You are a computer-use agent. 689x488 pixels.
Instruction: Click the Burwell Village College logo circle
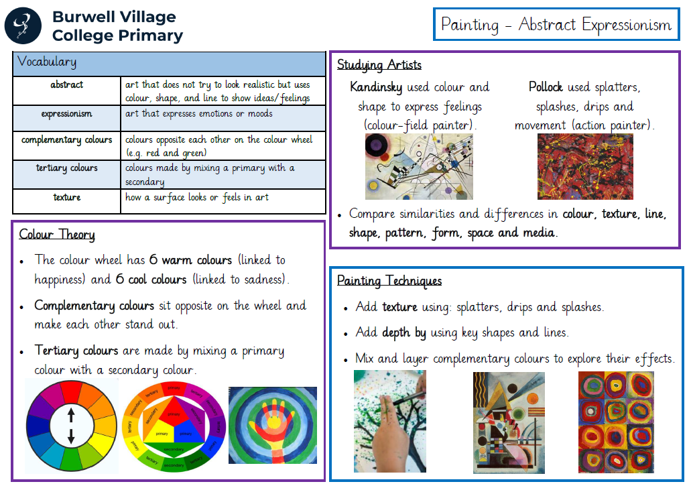[23, 25]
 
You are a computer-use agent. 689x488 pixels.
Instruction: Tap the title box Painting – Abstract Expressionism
[556, 24]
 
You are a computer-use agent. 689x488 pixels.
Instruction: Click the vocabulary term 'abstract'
[67, 84]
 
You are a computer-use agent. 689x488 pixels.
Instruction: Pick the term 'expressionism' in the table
[67, 114]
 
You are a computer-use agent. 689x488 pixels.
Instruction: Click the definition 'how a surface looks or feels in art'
[197, 197]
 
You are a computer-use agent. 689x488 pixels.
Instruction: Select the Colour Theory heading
[57, 235]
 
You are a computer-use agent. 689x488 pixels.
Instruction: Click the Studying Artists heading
[379, 65]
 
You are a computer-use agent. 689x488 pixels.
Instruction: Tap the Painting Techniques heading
[389, 280]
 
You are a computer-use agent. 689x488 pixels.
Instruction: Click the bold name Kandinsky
[376, 87]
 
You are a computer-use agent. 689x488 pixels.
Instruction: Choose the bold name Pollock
[546, 86]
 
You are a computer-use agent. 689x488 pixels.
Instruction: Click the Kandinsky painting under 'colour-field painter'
[419, 167]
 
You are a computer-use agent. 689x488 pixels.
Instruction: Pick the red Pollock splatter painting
[585, 167]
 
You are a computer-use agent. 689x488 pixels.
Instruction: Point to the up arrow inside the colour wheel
[71, 414]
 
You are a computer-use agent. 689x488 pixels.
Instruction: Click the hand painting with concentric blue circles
[272, 425]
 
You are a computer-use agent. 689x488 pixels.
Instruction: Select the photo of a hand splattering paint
[390, 421]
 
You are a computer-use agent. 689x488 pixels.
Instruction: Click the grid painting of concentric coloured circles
[616, 422]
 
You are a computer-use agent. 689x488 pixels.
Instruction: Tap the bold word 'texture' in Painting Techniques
[399, 306]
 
